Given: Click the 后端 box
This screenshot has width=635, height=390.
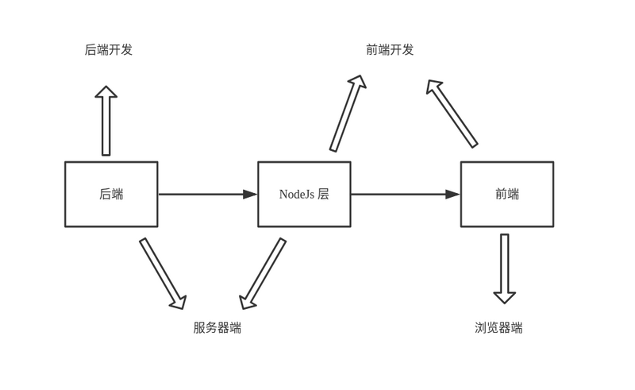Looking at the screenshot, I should (111, 195).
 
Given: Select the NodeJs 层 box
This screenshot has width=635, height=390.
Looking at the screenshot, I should (304, 195).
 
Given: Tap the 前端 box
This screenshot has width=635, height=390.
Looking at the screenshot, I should (507, 195).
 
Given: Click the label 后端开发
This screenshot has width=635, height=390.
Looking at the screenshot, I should (109, 49).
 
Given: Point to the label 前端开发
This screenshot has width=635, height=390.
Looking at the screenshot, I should (390, 49).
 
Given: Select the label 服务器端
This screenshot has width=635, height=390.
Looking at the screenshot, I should (217, 327).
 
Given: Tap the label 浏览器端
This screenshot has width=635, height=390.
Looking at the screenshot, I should (498, 327).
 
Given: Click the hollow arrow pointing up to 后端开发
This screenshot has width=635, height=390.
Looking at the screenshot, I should (106, 121).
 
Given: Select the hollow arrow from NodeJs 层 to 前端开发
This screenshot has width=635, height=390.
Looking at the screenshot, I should (348, 114).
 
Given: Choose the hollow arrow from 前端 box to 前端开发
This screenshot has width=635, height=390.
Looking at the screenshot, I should (452, 114).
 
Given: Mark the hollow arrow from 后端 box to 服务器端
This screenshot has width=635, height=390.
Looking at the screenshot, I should (162, 272).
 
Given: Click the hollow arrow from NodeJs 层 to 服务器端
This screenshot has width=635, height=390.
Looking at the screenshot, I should (263, 272).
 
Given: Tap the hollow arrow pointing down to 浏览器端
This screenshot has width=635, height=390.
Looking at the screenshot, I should (505, 268).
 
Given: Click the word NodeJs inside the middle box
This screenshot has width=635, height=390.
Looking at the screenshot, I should (296, 195).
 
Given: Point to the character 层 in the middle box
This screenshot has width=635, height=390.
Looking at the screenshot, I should (323, 195).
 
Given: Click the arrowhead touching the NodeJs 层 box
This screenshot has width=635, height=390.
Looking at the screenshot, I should (250, 194).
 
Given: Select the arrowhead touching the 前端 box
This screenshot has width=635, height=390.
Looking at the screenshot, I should (452, 194).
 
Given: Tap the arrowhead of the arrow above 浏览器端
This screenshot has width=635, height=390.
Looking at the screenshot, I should (505, 297).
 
